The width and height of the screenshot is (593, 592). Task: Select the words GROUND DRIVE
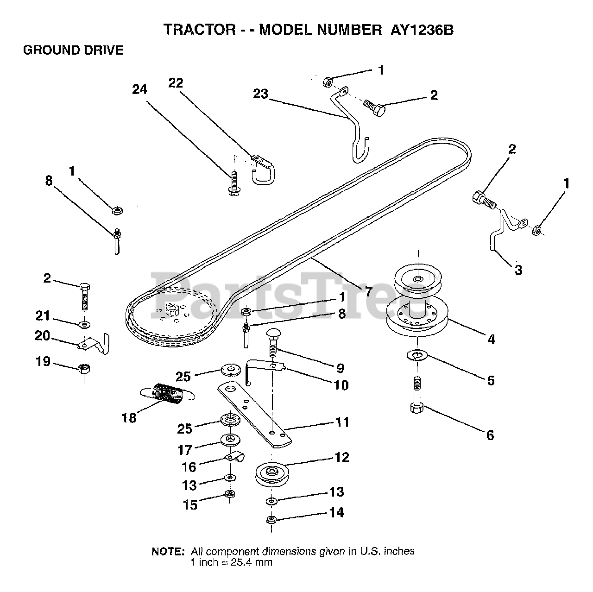tap(73, 50)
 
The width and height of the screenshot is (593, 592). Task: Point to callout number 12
tap(341, 457)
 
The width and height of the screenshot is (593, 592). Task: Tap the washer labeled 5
tap(417, 355)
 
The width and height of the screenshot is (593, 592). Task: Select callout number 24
tap(140, 89)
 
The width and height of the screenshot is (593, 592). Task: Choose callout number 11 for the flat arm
tap(341, 422)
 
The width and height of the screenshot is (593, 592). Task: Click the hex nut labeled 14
tap(271, 519)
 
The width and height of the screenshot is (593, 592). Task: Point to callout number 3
tap(518, 270)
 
